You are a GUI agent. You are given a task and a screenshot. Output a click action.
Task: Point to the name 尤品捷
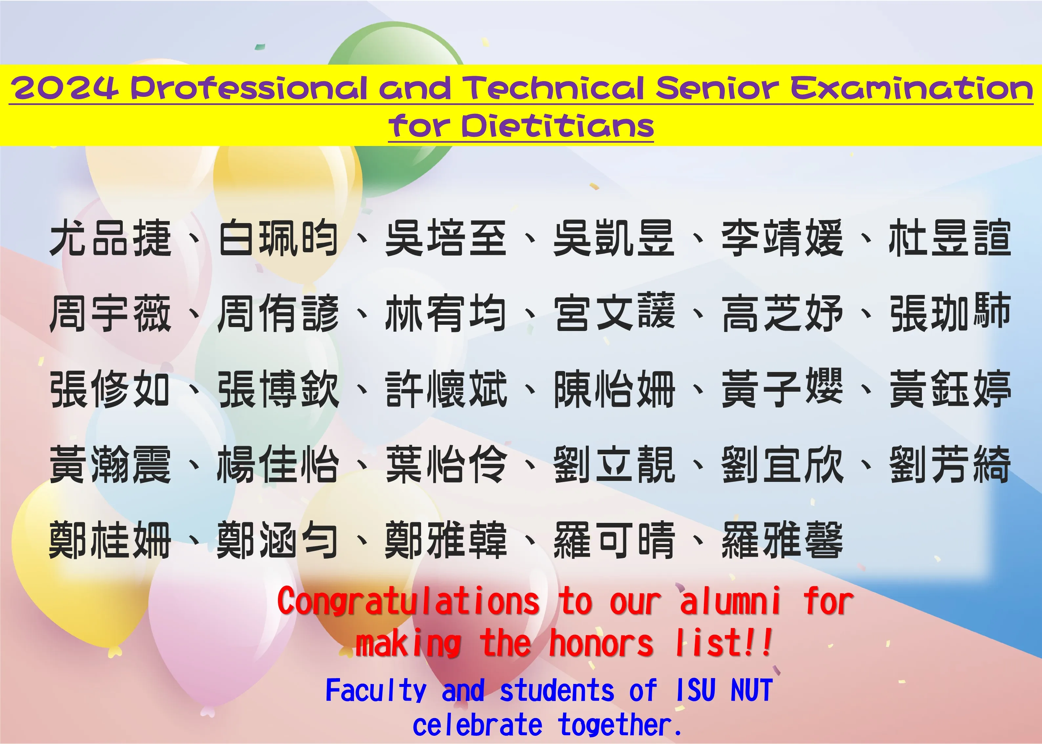pos(110,238)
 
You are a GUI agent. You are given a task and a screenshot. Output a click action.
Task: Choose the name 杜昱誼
pos(950,238)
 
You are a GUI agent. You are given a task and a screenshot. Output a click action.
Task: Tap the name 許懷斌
pos(446,389)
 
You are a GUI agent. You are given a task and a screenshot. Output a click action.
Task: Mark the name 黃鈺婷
pos(950,389)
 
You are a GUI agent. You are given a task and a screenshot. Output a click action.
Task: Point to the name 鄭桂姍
pos(110,540)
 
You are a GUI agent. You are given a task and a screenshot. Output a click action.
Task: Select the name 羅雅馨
pos(782,540)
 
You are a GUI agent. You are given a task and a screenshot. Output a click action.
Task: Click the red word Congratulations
pos(409,602)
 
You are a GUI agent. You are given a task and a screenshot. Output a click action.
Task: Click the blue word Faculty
pos(376,691)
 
